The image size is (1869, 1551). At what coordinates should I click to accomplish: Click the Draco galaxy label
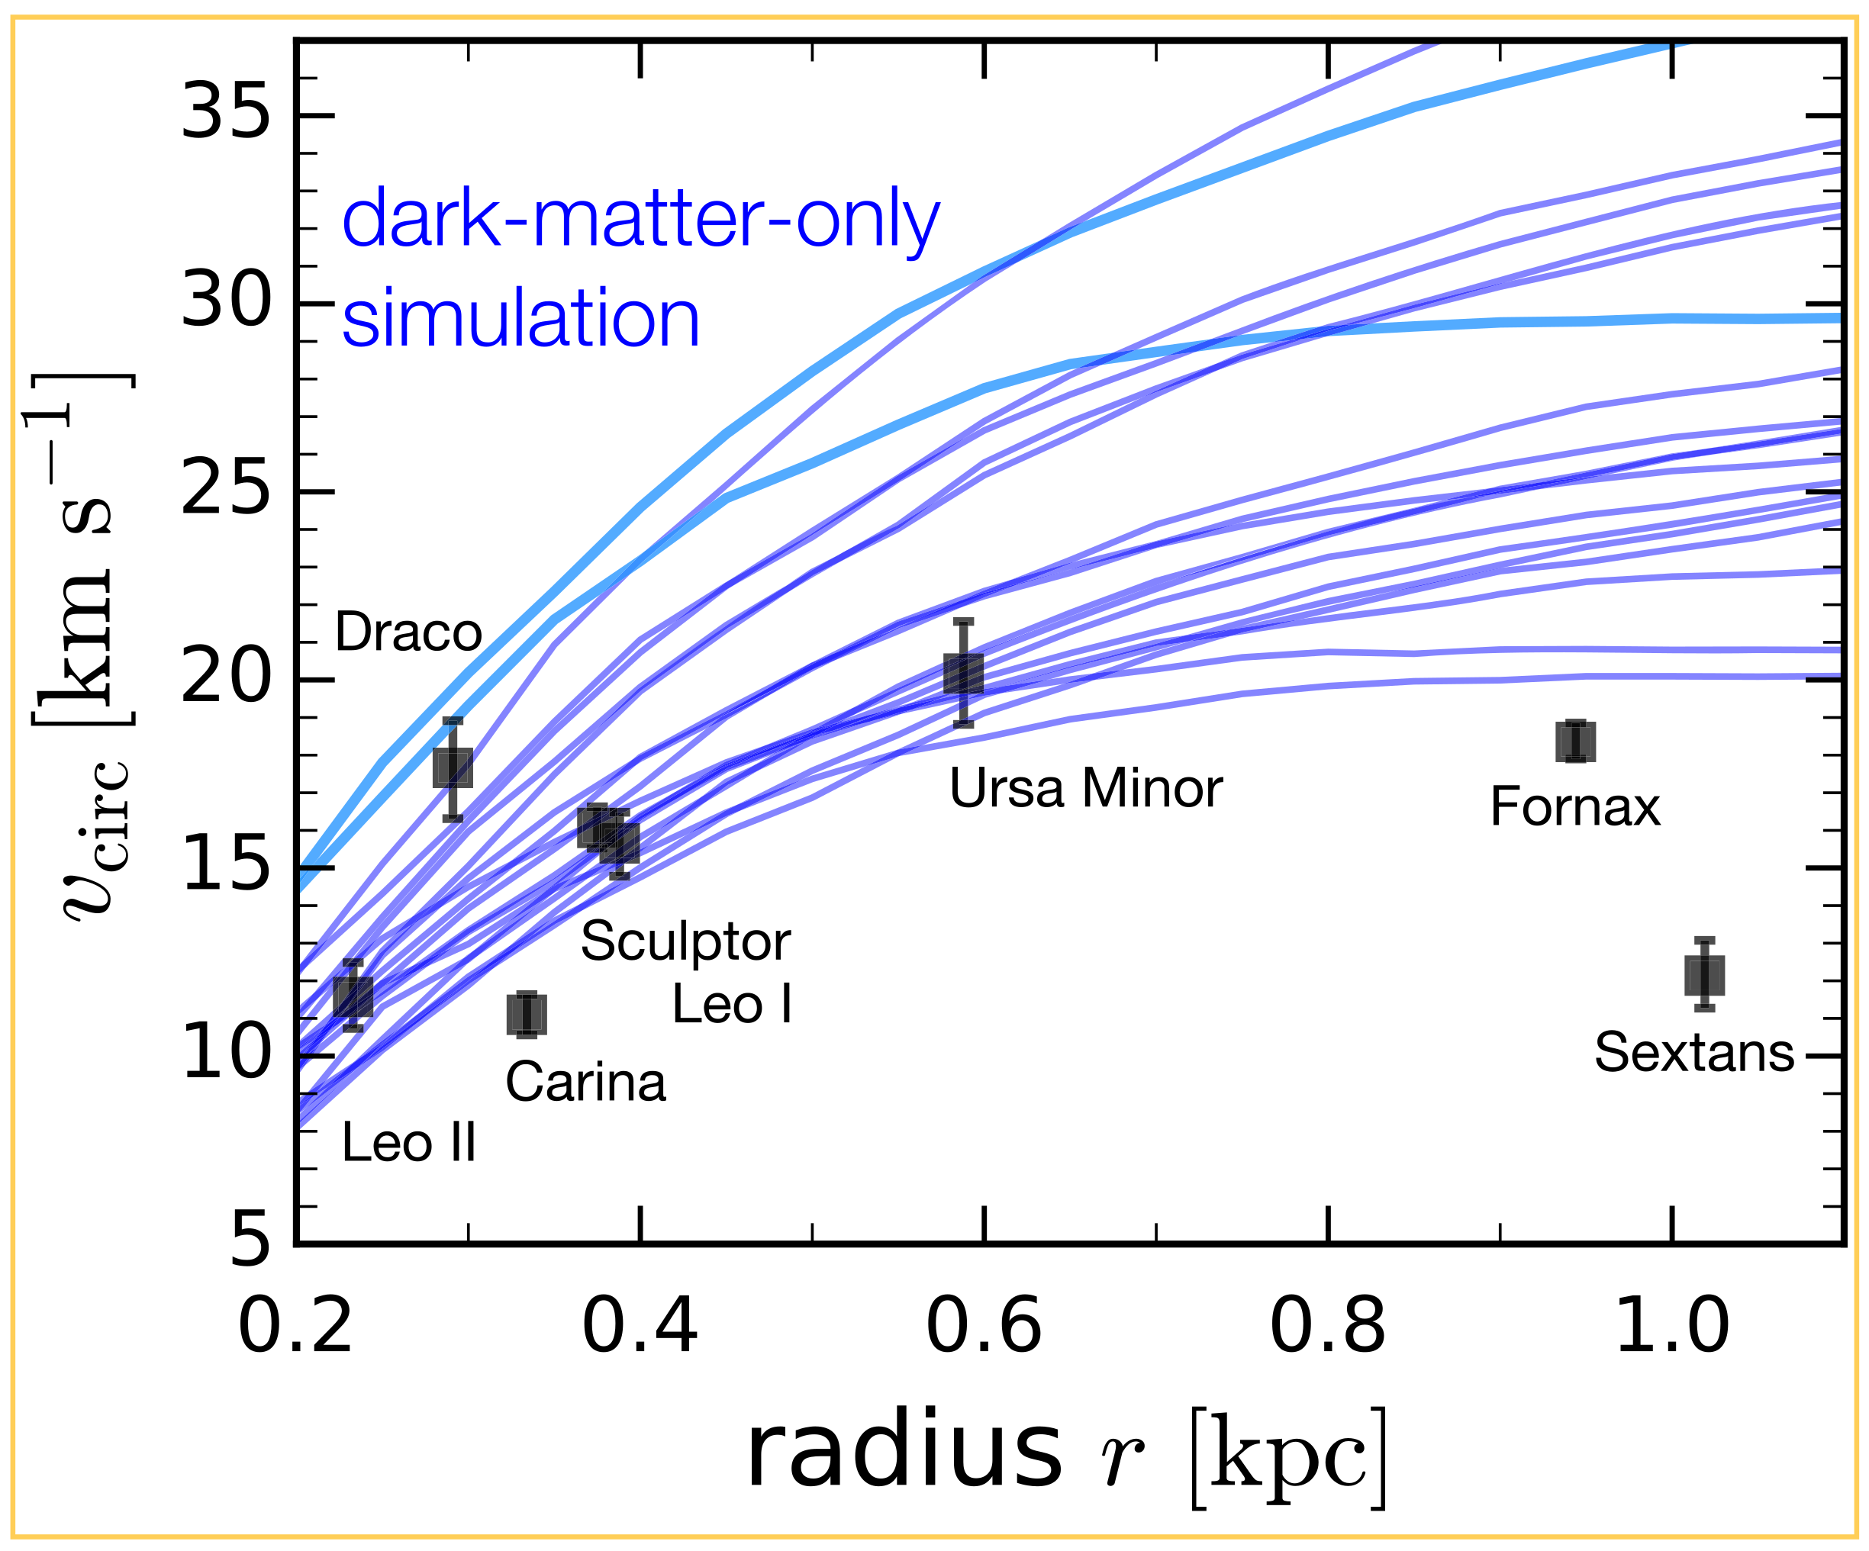pos(408,632)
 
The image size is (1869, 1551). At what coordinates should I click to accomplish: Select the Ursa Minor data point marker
pos(963,674)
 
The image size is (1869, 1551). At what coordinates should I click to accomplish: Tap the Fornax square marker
pos(1575,742)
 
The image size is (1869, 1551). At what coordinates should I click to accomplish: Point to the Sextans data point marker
pos(1704,975)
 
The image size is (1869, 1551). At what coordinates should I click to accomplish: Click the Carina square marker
pos(527,1015)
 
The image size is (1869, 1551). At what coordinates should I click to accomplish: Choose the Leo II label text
pos(408,1143)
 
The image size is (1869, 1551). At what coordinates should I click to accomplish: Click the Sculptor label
pos(685,941)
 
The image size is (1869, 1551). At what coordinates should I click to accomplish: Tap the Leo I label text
pos(732,1005)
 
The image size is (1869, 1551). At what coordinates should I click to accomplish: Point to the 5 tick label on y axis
pos(250,1242)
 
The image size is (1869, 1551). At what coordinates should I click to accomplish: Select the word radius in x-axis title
pos(903,1453)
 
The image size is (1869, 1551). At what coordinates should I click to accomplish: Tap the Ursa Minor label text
pos(1085,788)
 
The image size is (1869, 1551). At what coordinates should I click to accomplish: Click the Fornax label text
pos(1574,807)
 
